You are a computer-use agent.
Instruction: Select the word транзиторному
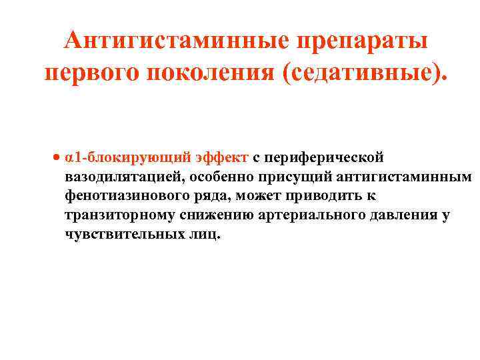pyautogui.click(x=117, y=215)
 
